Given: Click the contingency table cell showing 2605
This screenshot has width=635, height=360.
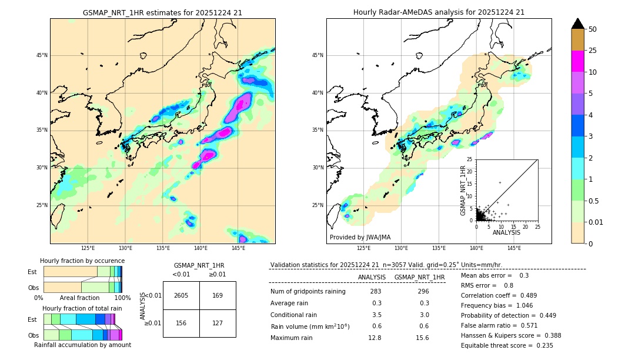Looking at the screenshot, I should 181,295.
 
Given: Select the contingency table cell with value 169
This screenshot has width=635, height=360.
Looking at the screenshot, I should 218,295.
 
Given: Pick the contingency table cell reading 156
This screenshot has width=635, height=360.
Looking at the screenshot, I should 181,322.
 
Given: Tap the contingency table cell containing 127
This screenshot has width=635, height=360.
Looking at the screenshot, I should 218,322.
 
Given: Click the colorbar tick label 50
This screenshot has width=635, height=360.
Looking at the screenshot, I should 593,29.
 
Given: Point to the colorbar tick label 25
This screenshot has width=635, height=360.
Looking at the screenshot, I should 593,51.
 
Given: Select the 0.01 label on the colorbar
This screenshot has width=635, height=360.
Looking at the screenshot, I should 596,222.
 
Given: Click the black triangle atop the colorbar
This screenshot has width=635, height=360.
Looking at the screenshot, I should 578,24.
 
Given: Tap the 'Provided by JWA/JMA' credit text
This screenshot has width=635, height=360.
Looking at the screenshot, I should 360,238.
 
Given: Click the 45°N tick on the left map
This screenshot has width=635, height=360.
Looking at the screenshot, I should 42,55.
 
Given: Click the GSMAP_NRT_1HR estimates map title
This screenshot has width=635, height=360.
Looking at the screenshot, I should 162,13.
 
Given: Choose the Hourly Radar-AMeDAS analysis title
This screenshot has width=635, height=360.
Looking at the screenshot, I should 439,12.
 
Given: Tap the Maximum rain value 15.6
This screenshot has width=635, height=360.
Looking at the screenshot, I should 422,338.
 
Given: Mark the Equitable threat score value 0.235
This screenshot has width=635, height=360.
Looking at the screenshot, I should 542,345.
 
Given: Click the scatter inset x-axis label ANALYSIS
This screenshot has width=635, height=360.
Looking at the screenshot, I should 506,232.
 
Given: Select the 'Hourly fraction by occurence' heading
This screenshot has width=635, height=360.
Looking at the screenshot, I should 82,261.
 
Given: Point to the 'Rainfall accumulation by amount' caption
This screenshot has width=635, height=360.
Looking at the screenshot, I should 82,345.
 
